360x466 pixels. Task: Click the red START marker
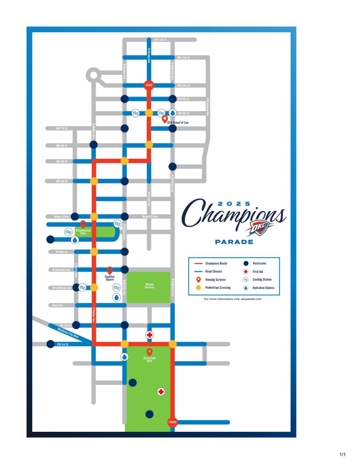(x=149, y=85)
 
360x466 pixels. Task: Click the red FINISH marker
(x=172, y=422)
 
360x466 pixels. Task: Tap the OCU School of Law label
(x=178, y=123)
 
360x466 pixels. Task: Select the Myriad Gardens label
(x=149, y=286)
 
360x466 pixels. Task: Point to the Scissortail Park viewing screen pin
(x=149, y=352)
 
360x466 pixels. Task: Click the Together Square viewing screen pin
(x=110, y=270)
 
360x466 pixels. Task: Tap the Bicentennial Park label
(x=83, y=232)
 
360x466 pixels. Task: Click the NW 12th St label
(x=160, y=40)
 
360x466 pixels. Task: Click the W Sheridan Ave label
(x=61, y=270)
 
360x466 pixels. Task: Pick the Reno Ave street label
(x=57, y=305)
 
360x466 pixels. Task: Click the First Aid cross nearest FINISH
(x=161, y=392)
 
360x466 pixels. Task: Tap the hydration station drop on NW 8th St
(x=172, y=113)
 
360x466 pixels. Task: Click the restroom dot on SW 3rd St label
(x=50, y=344)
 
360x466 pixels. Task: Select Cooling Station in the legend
(x=262, y=280)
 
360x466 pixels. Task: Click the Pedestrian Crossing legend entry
(x=217, y=288)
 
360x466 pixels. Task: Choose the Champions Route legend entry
(x=216, y=263)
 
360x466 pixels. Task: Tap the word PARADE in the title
(x=234, y=242)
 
